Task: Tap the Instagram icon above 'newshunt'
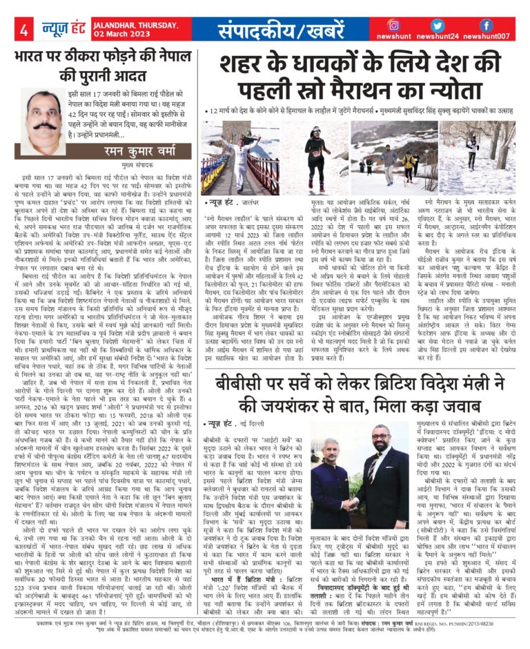pos(394,25)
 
